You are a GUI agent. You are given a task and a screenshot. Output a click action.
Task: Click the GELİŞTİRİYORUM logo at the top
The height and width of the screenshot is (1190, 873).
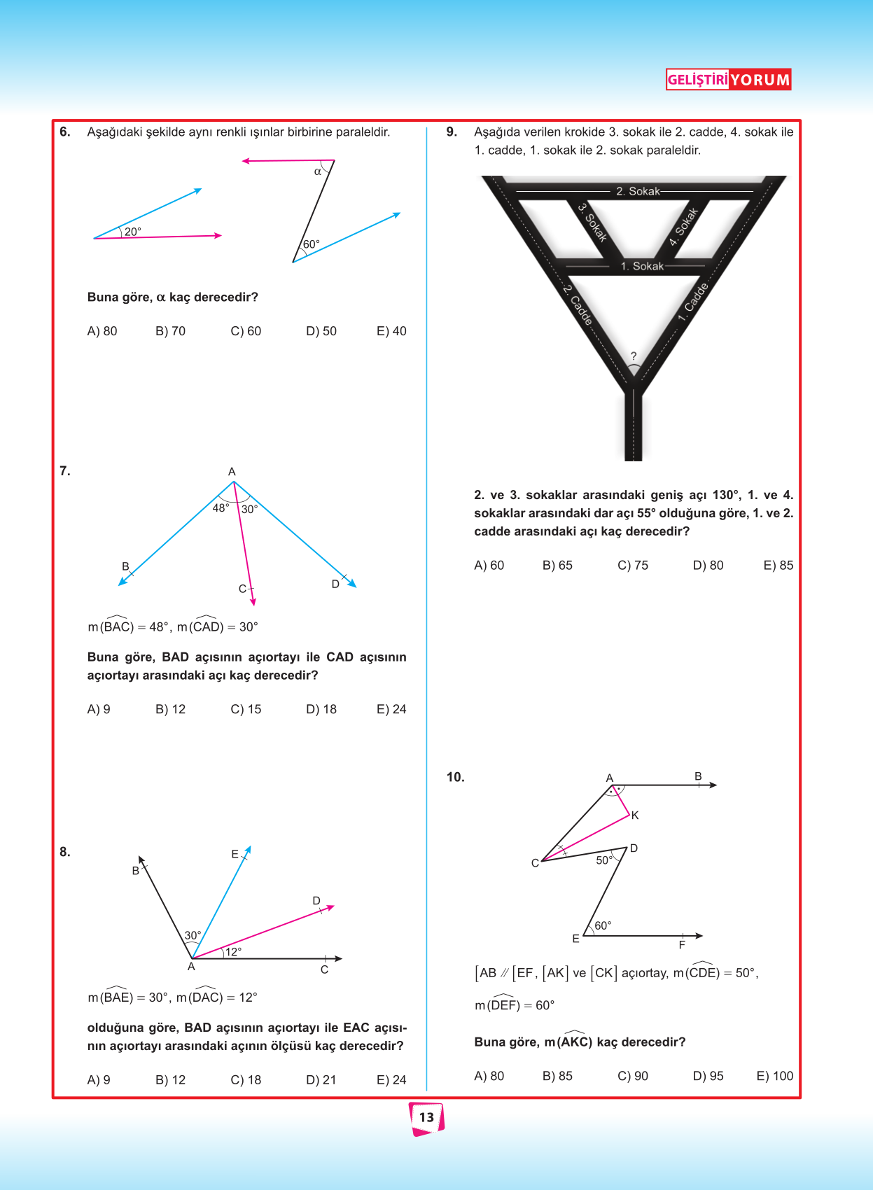pyautogui.click(x=728, y=80)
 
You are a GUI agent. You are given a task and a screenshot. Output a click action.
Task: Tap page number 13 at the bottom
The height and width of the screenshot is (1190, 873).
pyautogui.click(x=427, y=1117)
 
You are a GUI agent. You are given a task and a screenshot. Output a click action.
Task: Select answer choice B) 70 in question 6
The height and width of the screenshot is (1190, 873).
pyautogui.click(x=170, y=331)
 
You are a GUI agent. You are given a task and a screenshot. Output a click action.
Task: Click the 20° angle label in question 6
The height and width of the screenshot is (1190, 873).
pyautogui.click(x=133, y=232)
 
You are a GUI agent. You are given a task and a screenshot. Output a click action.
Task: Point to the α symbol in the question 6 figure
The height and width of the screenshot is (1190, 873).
pyautogui.click(x=318, y=171)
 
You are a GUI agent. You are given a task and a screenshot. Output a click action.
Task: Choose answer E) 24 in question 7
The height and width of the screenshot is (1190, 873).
pyautogui.click(x=391, y=709)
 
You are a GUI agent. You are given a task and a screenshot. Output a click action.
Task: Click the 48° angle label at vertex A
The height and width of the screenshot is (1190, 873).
pyautogui.click(x=221, y=507)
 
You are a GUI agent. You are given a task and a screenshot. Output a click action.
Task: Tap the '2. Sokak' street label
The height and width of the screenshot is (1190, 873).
pyautogui.click(x=638, y=191)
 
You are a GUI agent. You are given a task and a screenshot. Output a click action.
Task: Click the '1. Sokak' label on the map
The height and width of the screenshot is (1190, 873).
pyautogui.click(x=642, y=266)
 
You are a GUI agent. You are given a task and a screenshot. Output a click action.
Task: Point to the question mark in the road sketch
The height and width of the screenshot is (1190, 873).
pyautogui.click(x=634, y=356)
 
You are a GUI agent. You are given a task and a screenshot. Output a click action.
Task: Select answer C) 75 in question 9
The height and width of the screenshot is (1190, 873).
pyautogui.click(x=633, y=565)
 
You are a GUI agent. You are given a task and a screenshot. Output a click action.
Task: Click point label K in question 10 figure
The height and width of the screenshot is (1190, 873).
pyautogui.click(x=635, y=815)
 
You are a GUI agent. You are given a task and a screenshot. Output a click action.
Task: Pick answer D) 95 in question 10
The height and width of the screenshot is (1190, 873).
pyautogui.click(x=708, y=1076)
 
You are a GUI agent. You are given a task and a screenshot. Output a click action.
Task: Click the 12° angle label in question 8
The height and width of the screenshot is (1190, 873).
pyautogui.click(x=233, y=951)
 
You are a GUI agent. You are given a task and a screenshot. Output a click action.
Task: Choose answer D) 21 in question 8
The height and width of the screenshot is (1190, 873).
pyautogui.click(x=321, y=1080)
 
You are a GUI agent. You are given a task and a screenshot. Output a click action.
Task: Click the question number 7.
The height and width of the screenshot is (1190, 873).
pyautogui.click(x=65, y=471)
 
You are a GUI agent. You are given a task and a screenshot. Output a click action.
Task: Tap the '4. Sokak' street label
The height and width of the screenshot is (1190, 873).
pyautogui.click(x=683, y=227)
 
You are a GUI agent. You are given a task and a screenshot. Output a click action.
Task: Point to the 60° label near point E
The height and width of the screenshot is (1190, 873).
pyautogui.click(x=603, y=925)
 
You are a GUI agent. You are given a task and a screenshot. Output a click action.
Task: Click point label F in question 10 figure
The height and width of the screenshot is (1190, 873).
pyautogui.click(x=682, y=945)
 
